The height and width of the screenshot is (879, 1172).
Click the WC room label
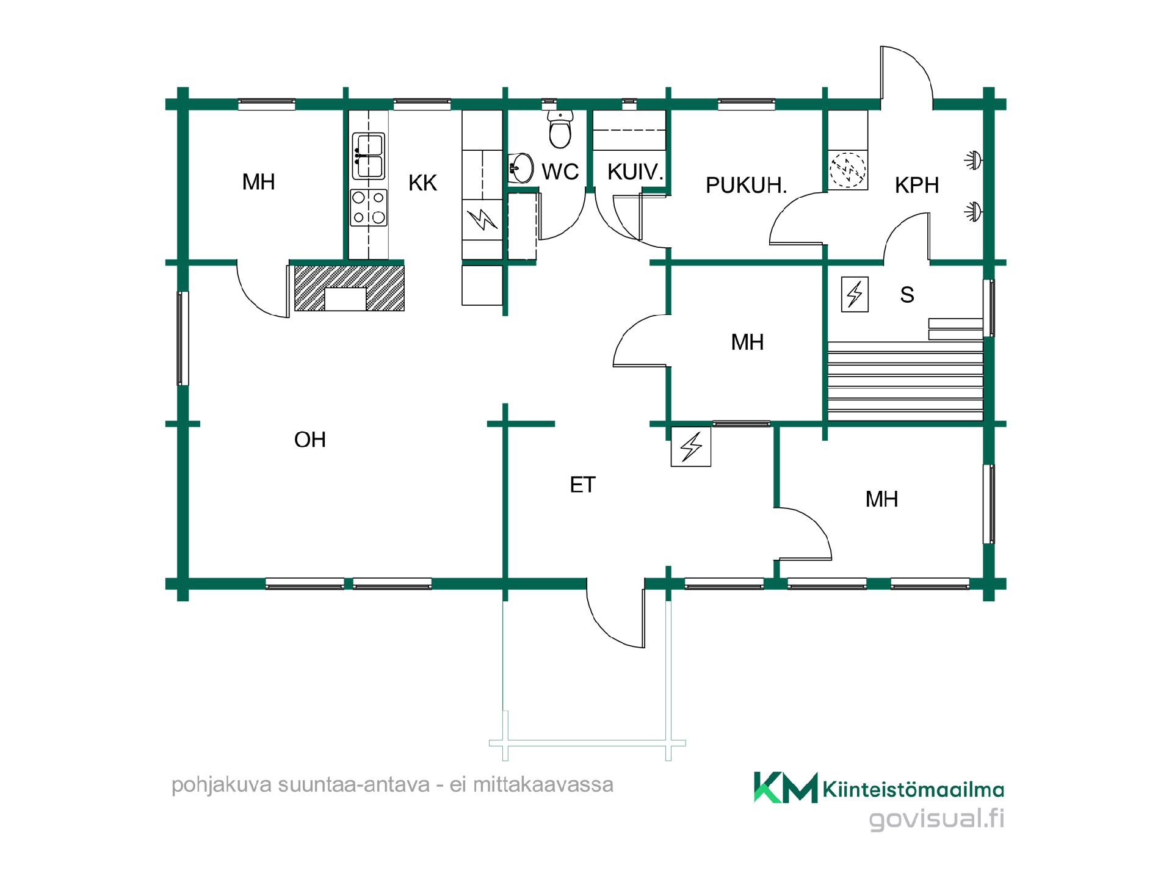pyautogui.click(x=560, y=172)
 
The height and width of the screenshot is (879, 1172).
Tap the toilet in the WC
pyautogui.click(x=560, y=129)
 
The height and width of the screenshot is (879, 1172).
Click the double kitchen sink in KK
pyautogui.click(x=368, y=156)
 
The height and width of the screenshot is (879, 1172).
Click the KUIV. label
pyautogui.click(x=635, y=172)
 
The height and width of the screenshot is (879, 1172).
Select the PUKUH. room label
pyautogui.click(x=746, y=186)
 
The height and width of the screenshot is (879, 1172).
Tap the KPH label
pyautogui.click(x=916, y=186)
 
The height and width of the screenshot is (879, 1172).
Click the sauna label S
pyautogui.click(x=907, y=295)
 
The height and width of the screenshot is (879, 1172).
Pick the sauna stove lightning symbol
pyautogui.click(x=855, y=295)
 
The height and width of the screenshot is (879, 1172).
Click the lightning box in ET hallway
pyautogui.click(x=691, y=446)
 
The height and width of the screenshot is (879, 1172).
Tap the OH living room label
pyautogui.click(x=309, y=440)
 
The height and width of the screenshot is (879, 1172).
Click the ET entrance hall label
pyautogui.click(x=582, y=485)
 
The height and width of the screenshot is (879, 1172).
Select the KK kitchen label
pyautogui.click(x=422, y=183)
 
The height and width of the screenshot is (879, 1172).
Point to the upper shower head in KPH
pyautogui.click(x=972, y=161)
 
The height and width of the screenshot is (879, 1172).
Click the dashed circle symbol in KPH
pyautogui.click(x=848, y=170)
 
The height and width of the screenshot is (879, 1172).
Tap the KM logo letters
pyautogui.click(x=786, y=787)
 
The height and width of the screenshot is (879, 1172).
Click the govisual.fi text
pyautogui.click(x=936, y=818)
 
